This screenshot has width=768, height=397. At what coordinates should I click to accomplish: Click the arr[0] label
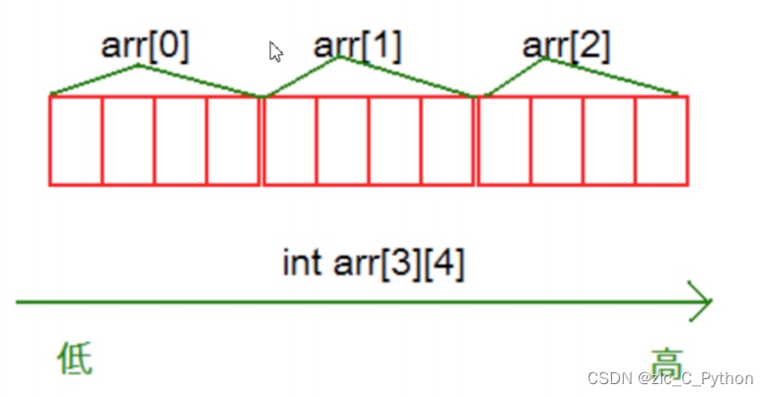pyautogui.click(x=145, y=45)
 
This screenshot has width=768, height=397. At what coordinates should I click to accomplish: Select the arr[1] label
pyautogui.click(x=357, y=45)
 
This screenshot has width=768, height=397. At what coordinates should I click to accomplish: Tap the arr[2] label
pyautogui.click(x=566, y=45)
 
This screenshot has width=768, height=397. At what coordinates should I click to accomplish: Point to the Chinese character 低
pyautogui.click(x=74, y=359)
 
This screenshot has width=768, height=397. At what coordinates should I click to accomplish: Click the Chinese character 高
pyautogui.click(x=666, y=359)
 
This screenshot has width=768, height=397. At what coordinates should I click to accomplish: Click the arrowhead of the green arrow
pyautogui.click(x=702, y=300)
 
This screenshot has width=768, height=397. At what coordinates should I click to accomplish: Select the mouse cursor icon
pyautogui.click(x=276, y=51)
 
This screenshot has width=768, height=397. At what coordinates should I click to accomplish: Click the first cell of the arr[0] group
pyautogui.click(x=76, y=140)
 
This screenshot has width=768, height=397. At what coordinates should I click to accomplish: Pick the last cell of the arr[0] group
pyautogui.click(x=233, y=140)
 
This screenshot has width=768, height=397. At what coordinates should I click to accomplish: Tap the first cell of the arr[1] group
pyautogui.click(x=290, y=140)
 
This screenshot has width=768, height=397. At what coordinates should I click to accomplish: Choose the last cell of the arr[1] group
pyautogui.click(x=447, y=140)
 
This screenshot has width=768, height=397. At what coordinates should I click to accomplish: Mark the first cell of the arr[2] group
pyautogui.click(x=504, y=140)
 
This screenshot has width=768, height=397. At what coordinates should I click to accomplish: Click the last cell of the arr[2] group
pyautogui.click(x=661, y=140)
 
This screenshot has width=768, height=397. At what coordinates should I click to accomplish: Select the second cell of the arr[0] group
pyautogui.click(x=128, y=140)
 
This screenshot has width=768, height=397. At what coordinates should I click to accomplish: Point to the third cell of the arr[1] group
pyautogui.click(x=395, y=140)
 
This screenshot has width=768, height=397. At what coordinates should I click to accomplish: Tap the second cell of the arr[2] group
pyautogui.click(x=557, y=140)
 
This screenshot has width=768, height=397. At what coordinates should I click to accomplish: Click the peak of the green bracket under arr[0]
pyautogui.click(x=139, y=66)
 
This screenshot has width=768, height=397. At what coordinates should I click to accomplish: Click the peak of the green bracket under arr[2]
pyautogui.click(x=544, y=59)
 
